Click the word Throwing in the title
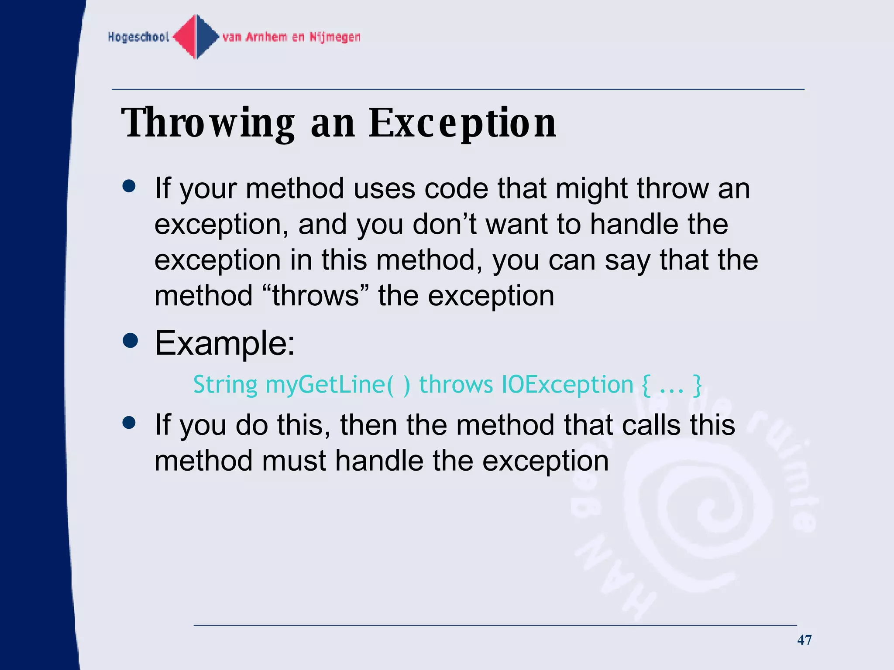tap(208, 123)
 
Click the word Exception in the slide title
tap(463, 123)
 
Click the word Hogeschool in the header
tap(138, 37)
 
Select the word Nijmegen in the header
tap(335, 37)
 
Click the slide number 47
tap(804, 640)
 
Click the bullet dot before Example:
tap(130, 341)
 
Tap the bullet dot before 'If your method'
tap(129, 186)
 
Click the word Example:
tap(225, 343)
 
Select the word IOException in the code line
tap(567, 385)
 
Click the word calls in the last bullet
tap(651, 425)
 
